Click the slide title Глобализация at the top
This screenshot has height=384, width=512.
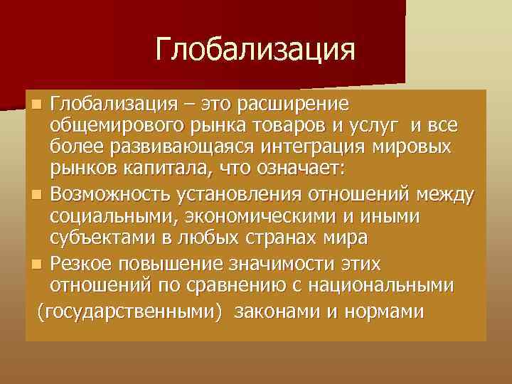coord(255,50)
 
